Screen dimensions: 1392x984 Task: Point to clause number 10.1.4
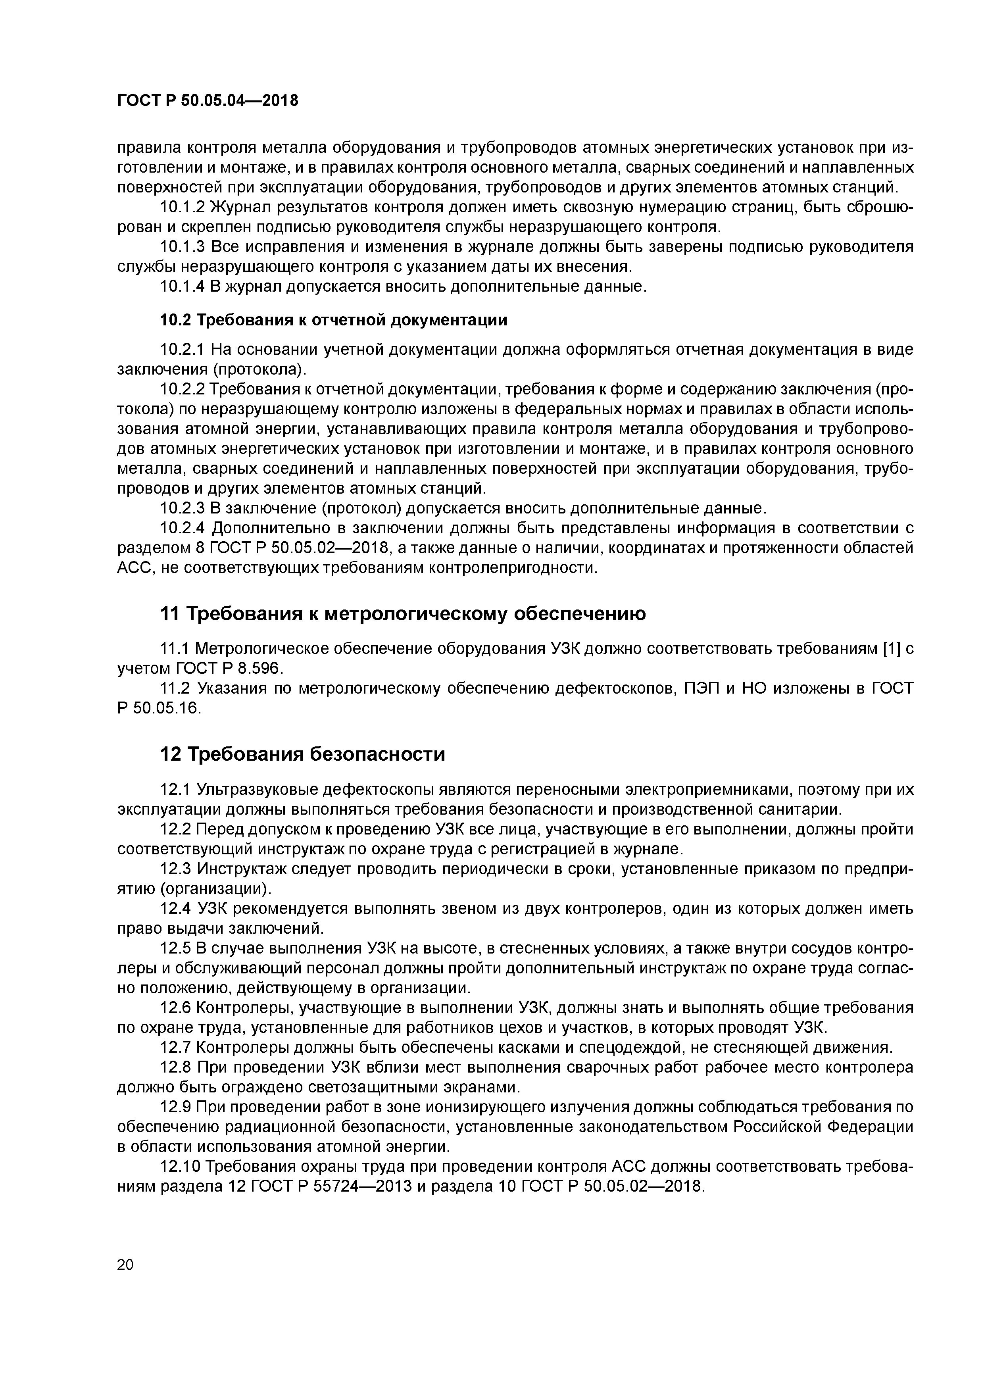(x=183, y=286)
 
